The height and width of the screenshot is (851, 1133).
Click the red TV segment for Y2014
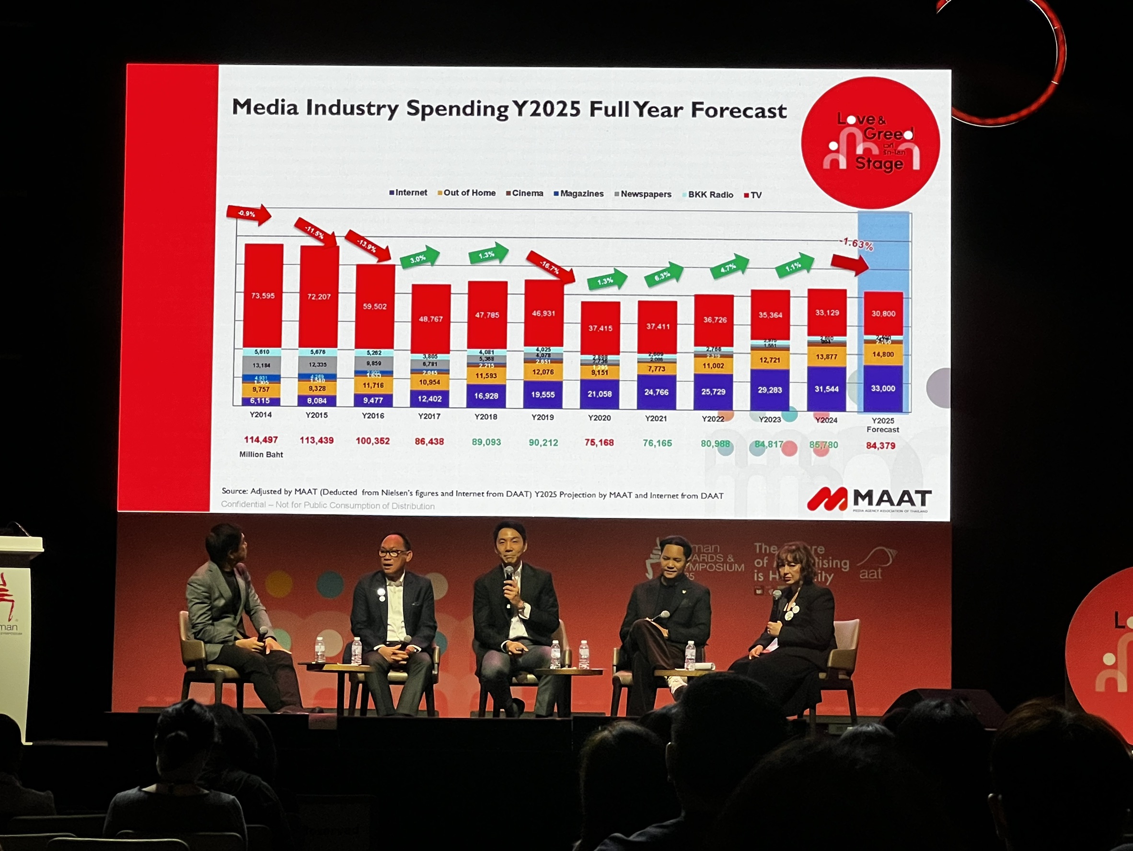click(263, 296)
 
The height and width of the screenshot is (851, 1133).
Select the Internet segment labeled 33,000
click(883, 389)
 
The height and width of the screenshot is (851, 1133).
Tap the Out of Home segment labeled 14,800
click(883, 354)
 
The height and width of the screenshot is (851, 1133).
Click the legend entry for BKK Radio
click(710, 195)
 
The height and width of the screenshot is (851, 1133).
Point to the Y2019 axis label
click(543, 417)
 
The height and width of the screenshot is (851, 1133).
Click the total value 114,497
click(261, 440)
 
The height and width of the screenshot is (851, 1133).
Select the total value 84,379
click(880, 446)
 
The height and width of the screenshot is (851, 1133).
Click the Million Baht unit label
click(261, 455)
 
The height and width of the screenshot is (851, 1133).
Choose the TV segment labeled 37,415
click(601, 328)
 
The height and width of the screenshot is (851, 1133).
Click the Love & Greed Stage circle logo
click(870, 142)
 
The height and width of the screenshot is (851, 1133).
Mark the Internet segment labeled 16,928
click(486, 396)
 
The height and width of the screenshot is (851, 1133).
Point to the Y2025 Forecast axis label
click(882, 425)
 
